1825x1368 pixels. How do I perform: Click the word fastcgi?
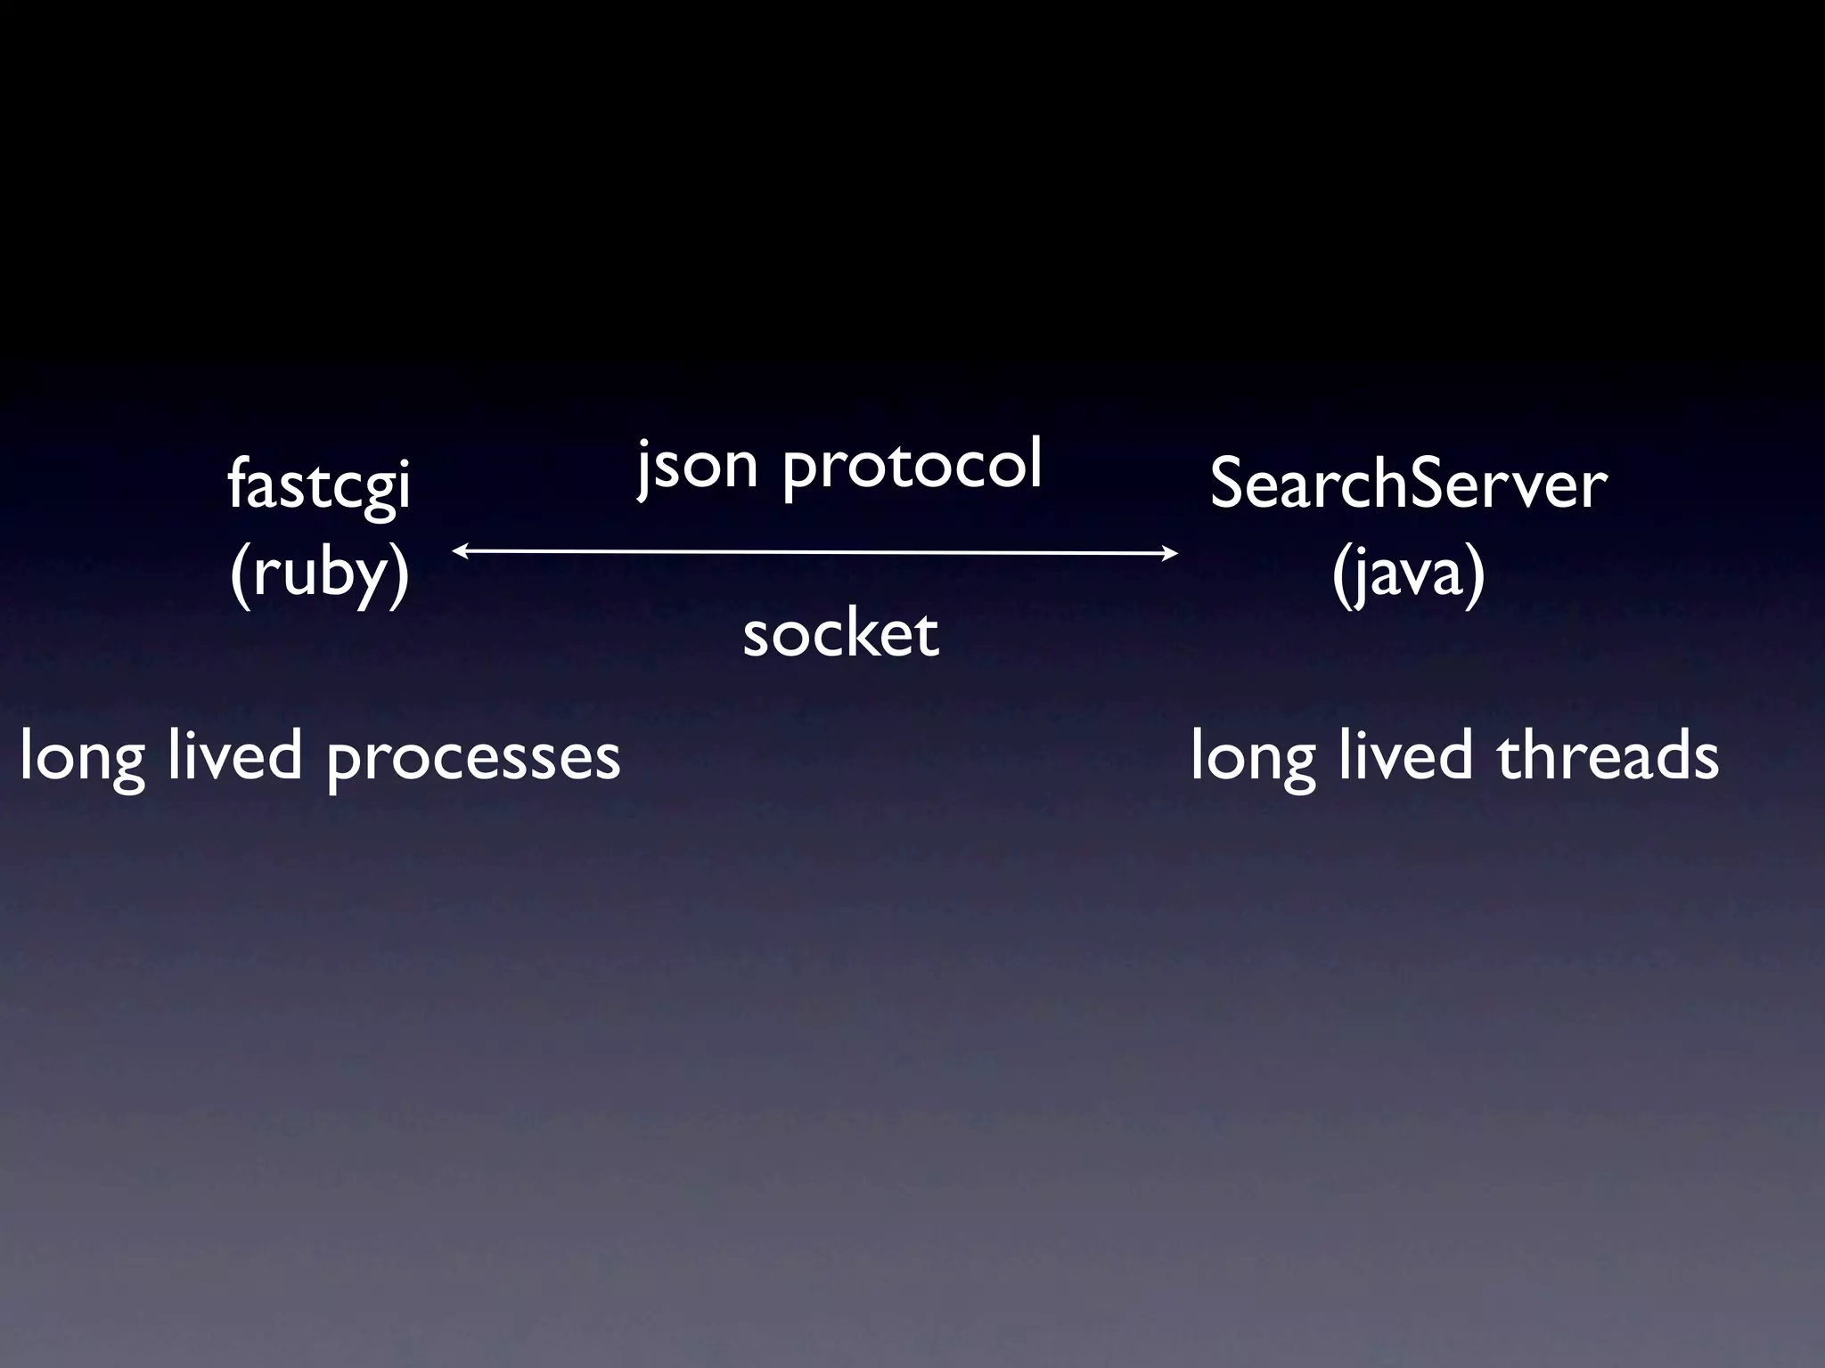[319, 486]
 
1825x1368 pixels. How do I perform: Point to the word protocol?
[912, 467]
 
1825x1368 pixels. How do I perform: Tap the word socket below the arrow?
[840, 634]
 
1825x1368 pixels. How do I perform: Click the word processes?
[473, 758]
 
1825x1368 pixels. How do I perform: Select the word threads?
[1608, 756]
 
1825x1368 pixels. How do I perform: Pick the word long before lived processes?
[82, 758]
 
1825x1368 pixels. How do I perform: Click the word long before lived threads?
[1253, 758]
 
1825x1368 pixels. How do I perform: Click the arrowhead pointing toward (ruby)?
[458, 551]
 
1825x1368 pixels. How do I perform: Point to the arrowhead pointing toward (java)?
[1172, 554]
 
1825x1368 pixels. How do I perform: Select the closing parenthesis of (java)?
[1476, 576]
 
